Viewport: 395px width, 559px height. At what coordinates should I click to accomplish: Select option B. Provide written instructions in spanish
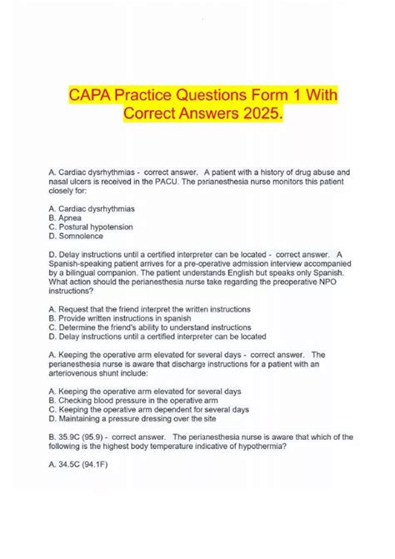(122, 319)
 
